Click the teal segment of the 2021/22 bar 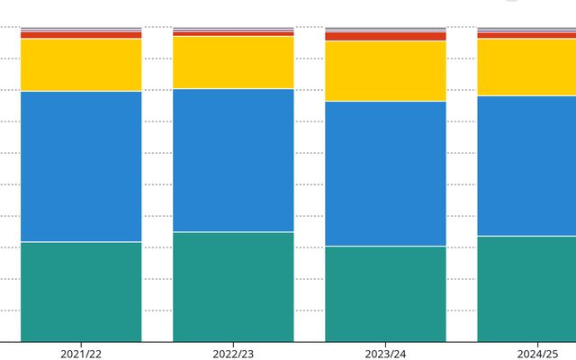click(81, 292)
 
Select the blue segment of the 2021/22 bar click(81, 166)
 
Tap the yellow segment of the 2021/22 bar click(81, 65)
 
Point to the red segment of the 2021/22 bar click(81, 35)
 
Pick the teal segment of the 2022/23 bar click(233, 286)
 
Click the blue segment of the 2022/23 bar click(233, 160)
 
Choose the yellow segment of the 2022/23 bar click(233, 62)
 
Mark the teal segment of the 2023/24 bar click(385, 293)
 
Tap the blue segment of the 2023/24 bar click(385, 173)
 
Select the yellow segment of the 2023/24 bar click(385, 71)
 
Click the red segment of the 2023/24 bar click(385, 37)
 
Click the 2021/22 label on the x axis click(81, 354)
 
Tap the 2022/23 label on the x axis click(233, 354)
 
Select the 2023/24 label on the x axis click(385, 354)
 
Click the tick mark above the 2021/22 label click(81, 345)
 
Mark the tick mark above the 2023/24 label click(385, 345)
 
